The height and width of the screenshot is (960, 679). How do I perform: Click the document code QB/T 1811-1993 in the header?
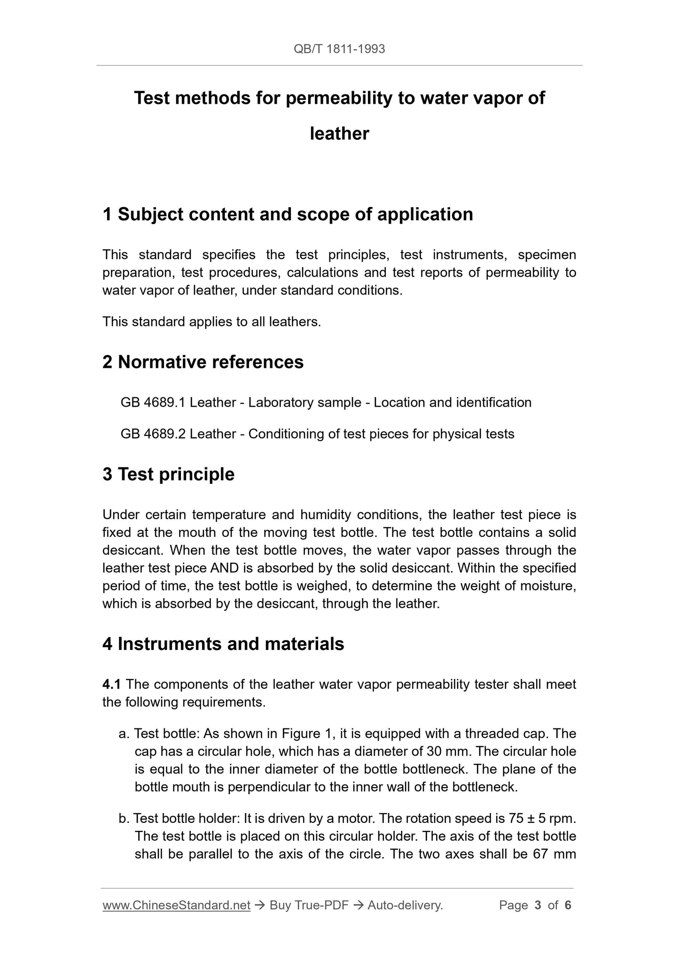tap(339, 49)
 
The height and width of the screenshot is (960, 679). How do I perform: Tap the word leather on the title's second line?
tap(339, 134)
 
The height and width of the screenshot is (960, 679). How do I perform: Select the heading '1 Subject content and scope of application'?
tap(288, 214)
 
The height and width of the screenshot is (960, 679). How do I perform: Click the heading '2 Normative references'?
tap(203, 362)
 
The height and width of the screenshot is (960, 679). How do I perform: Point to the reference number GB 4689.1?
tap(153, 403)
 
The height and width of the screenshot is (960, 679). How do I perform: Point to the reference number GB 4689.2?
tap(153, 434)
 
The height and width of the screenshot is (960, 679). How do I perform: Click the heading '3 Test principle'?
tap(168, 474)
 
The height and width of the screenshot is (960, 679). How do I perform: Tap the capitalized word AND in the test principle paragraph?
tap(224, 568)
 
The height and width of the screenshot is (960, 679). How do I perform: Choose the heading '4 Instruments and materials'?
tap(223, 644)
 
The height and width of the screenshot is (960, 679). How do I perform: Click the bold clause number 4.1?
tap(111, 685)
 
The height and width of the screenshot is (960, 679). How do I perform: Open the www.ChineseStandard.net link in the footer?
tap(176, 906)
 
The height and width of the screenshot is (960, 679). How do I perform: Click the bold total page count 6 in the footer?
tap(568, 906)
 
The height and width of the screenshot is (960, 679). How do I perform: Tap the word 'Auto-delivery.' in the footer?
tap(406, 906)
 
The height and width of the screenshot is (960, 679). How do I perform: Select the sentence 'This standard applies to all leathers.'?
tap(211, 322)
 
